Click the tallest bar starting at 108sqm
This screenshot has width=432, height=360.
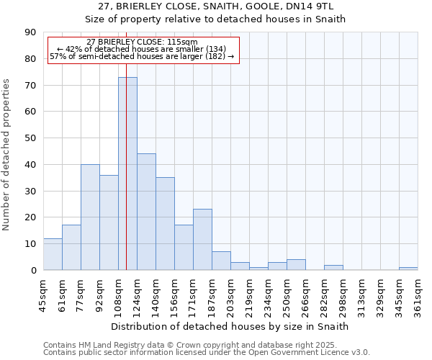(x=127, y=173)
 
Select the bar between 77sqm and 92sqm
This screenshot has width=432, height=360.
(x=90, y=217)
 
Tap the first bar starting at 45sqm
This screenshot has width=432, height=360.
(x=53, y=254)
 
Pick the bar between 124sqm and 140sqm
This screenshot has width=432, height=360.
(x=146, y=212)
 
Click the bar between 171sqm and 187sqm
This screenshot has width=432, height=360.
(x=202, y=240)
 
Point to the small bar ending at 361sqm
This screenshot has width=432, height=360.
(x=408, y=269)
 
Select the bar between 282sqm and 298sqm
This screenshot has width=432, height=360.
(x=333, y=267)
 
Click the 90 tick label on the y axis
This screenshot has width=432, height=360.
(x=30, y=32)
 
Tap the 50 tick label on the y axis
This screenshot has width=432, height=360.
(x=30, y=138)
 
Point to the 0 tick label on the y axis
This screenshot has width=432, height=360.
(x=33, y=270)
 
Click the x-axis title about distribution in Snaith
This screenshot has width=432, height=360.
(x=230, y=326)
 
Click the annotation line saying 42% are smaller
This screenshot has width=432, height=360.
(x=142, y=49)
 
